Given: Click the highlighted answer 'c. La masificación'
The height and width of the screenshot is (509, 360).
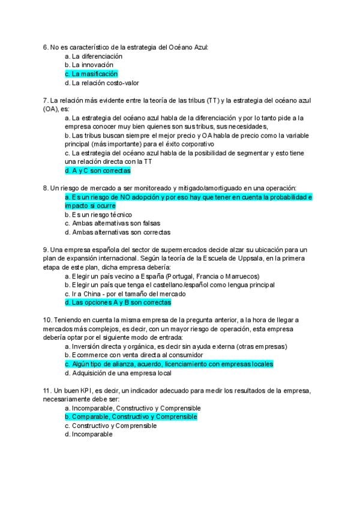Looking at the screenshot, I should click(91, 74).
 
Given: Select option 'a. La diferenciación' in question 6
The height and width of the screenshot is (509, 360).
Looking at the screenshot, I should click(93, 56).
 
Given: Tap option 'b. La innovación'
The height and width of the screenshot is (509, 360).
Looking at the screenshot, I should click(88, 65).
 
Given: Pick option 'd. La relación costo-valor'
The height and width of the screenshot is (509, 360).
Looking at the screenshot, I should click(101, 83).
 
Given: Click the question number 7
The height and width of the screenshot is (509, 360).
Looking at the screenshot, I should click(46, 100).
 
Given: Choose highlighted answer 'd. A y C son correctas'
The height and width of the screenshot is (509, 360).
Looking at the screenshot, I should click(97, 170).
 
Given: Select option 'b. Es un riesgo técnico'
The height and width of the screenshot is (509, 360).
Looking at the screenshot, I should click(98, 214).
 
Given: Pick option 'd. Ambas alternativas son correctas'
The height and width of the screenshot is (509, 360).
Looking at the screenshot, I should click(117, 232).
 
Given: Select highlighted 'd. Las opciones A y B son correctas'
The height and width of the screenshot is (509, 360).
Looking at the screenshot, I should click(117, 303).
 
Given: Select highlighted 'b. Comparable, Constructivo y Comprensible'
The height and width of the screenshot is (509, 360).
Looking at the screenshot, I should click(130, 417).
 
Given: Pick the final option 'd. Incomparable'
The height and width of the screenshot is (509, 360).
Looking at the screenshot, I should click(88, 434).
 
